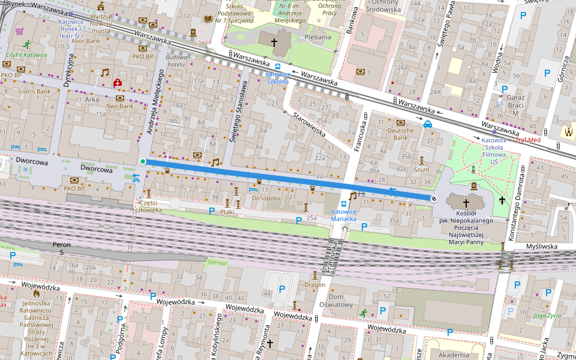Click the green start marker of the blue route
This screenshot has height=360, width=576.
(142, 161)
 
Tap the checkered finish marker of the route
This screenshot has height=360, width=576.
(434, 198)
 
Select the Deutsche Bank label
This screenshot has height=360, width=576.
(400, 134)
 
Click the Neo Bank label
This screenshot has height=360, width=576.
(119, 106)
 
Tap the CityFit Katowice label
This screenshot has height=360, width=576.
(26, 55)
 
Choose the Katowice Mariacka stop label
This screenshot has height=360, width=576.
(344, 215)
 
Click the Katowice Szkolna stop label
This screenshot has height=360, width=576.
(277, 77)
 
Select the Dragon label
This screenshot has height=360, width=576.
(314, 284)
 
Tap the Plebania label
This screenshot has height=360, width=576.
(317, 37)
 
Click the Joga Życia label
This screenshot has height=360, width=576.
(547, 315)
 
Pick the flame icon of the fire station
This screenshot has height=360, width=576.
(37, 294)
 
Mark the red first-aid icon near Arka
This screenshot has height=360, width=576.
(118, 82)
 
